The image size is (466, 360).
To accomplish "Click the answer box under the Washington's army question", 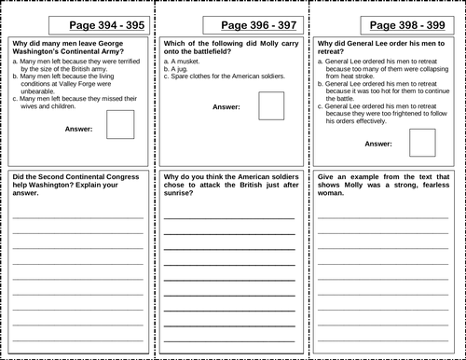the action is [x=120, y=124].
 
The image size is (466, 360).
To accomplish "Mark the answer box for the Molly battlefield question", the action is [x=272, y=105].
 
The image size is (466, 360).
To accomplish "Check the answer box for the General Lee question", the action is [x=422, y=143].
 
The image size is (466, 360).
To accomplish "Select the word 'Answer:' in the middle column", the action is [x=226, y=108].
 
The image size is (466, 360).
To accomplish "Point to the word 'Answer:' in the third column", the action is [x=378, y=145].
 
